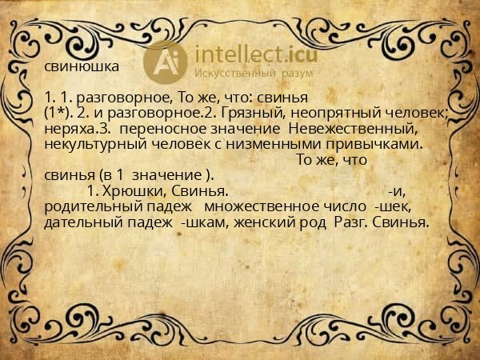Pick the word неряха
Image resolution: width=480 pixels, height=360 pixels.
(x=67, y=129)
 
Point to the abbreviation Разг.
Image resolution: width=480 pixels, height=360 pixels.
(x=350, y=222)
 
